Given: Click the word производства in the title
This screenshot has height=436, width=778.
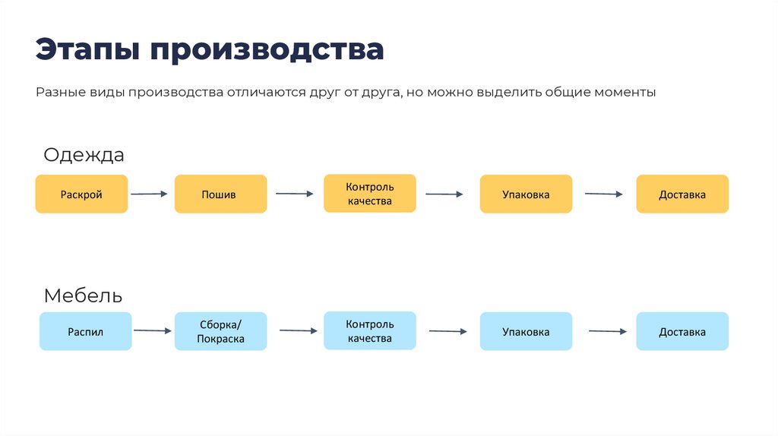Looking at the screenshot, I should [x=266, y=49].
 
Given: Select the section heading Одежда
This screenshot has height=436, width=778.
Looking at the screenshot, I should [x=84, y=155].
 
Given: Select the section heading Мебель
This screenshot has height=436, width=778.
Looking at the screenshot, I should [x=83, y=295].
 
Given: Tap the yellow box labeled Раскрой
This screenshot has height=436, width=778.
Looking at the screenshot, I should [x=81, y=194].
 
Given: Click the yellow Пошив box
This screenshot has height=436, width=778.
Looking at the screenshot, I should [x=220, y=194].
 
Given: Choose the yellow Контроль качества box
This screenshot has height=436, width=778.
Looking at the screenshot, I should [x=370, y=194].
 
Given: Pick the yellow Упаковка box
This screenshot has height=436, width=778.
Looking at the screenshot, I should [x=526, y=194].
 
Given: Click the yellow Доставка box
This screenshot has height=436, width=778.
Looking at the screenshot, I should [x=682, y=194].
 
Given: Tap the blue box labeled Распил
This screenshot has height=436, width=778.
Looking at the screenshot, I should [x=85, y=332].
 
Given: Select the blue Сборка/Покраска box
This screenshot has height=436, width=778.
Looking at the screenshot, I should [x=220, y=332].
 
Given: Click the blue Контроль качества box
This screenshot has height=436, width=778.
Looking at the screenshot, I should [x=370, y=331].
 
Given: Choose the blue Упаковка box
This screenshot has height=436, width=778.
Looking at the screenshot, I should [x=526, y=332].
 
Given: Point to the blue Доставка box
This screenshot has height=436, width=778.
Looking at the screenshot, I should [x=682, y=332].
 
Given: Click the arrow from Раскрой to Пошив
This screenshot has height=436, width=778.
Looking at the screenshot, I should [x=149, y=194].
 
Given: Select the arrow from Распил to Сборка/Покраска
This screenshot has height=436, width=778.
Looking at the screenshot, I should [x=153, y=330].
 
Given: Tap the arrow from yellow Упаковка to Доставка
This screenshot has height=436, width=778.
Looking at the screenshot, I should [x=605, y=194].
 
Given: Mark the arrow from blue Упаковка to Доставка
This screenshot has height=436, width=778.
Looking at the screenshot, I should [x=608, y=331].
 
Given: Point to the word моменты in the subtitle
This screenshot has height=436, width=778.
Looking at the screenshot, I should [x=625, y=93].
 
